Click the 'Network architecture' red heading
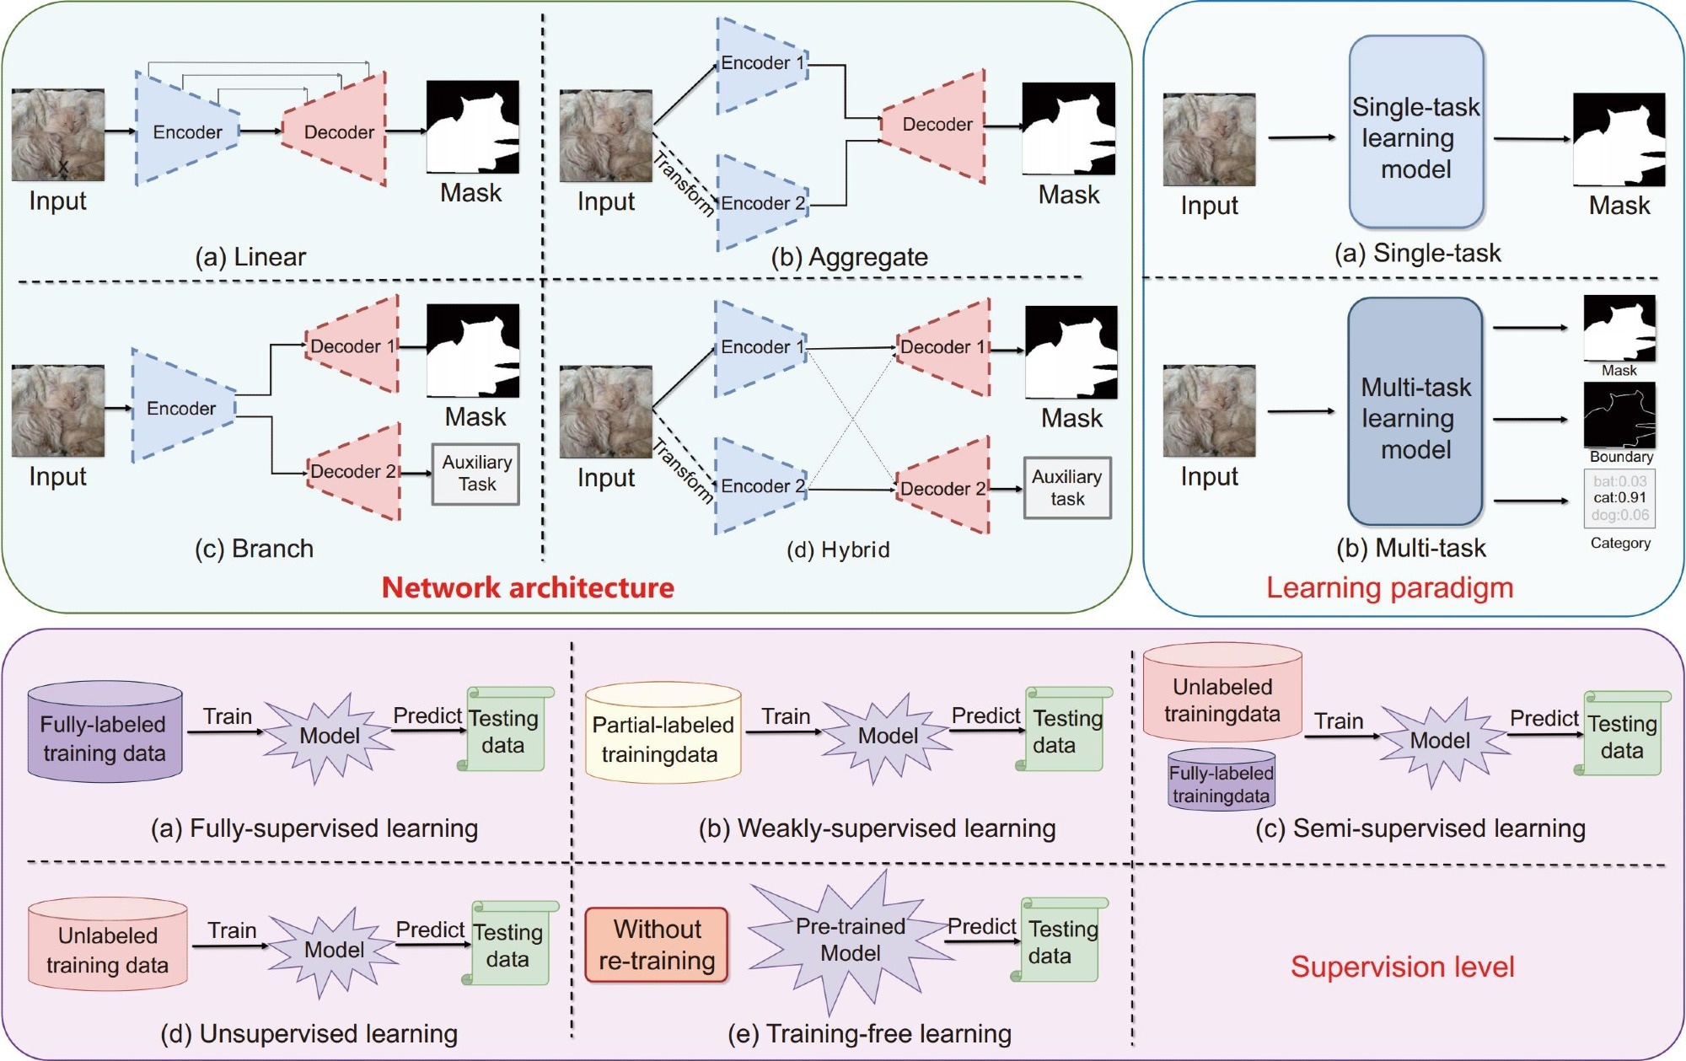coord(528,587)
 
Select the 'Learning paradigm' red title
coord(1390,587)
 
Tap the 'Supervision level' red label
coord(1403,967)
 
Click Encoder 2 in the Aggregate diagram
coord(762,202)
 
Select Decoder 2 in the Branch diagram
coord(352,471)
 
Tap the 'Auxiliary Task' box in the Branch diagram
coord(476,474)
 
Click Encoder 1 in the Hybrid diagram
coord(761,347)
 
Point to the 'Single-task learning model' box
coord(1416,132)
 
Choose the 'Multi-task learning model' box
coord(1415,411)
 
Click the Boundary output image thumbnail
coord(1619,415)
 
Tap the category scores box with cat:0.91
coord(1619,498)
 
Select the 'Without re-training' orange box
coord(657,945)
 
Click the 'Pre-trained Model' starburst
coord(850,940)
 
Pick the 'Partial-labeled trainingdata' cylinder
coord(663,732)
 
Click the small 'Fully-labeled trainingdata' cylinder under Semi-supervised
coord(1222,780)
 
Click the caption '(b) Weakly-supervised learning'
coord(878,828)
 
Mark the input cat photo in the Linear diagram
coord(58,135)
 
